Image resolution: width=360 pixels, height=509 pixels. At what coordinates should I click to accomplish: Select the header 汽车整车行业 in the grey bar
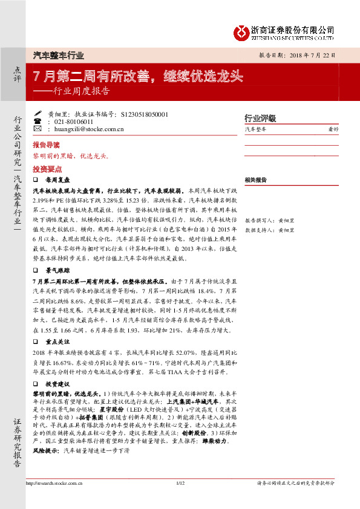tap(58, 54)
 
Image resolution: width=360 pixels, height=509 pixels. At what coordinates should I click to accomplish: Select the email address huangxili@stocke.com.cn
tap(89, 128)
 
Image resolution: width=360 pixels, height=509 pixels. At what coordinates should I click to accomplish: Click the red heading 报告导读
tap(46, 146)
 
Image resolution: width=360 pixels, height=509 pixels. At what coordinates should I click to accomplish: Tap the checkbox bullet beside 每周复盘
tap(36, 180)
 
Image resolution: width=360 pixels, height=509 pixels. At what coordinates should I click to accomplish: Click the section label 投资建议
tap(59, 384)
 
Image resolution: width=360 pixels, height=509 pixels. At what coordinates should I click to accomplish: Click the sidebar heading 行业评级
tap(260, 118)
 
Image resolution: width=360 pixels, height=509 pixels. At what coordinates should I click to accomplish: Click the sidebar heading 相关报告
tap(257, 180)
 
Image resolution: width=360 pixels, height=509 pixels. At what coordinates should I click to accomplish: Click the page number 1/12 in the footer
tap(179, 500)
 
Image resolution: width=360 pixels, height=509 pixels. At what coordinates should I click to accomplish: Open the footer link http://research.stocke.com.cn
tap(55, 500)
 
